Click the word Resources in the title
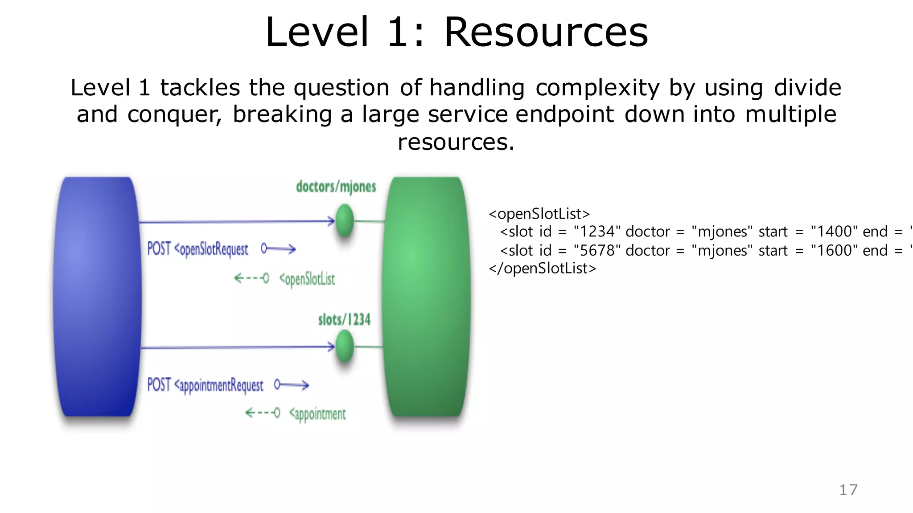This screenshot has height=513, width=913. [x=546, y=32]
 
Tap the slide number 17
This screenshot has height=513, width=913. [x=848, y=490]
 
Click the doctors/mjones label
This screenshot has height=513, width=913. [x=336, y=187]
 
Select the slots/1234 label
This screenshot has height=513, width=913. [x=344, y=320]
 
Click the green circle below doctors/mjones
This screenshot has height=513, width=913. [x=344, y=220]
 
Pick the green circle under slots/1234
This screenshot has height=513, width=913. [x=344, y=346]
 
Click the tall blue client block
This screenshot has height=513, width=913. [x=97, y=296]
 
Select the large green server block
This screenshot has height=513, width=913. [x=426, y=296]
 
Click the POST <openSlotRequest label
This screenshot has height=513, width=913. [x=198, y=249]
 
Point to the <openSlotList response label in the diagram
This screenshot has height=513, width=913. [x=307, y=279]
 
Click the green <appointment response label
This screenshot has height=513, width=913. [x=317, y=414]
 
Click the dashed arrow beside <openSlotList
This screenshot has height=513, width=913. [x=251, y=278]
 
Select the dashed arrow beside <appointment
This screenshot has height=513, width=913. [x=263, y=413]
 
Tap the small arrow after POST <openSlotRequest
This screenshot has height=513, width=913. [x=279, y=248]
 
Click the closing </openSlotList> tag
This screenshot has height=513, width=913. [x=542, y=268]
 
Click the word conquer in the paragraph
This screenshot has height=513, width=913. [x=174, y=114]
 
